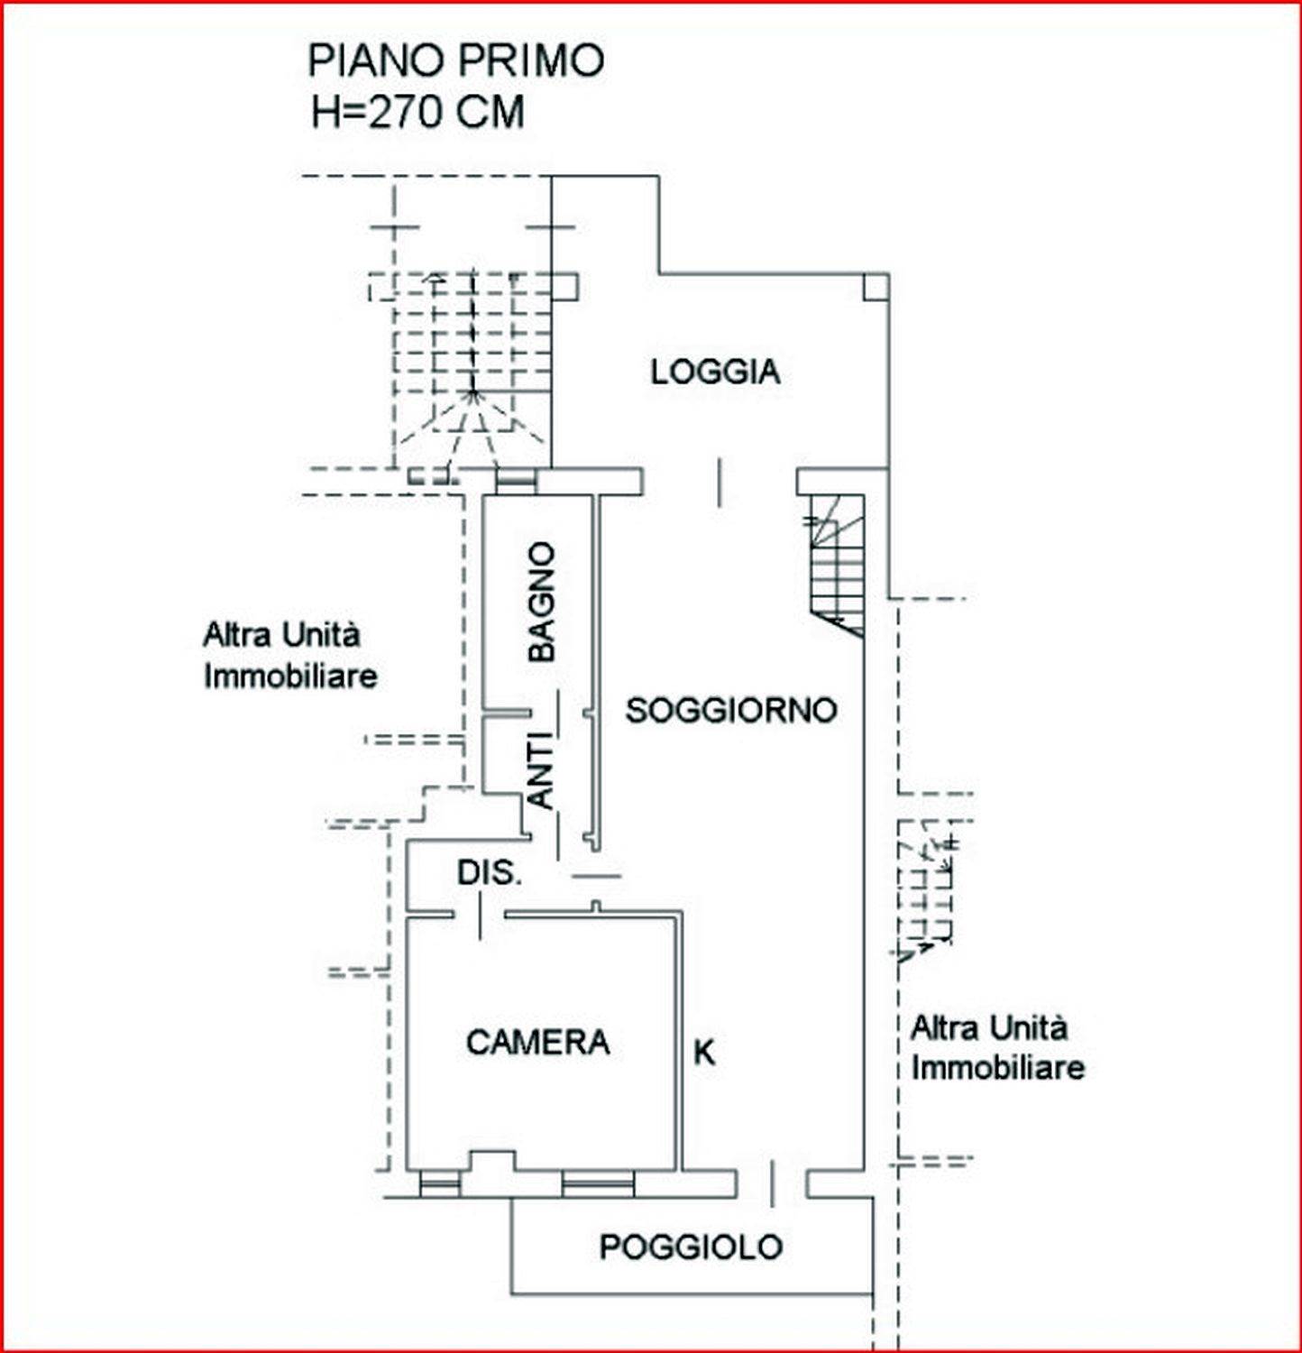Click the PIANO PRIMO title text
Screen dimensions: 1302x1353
pyautogui.click(x=455, y=60)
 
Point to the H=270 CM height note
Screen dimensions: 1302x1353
pyautogui.click(x=417, y=113)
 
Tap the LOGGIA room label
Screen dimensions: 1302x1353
pyautogui.click(x=715, y=372)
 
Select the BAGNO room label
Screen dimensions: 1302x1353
pyautogui.click(x=542, y=602)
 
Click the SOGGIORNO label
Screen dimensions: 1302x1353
pyautogui.click(x=731, y=711)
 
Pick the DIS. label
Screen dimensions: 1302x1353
pyautogui.click(x=490, y=872)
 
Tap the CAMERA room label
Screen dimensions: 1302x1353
pyautogui.click(x=538, y=1042)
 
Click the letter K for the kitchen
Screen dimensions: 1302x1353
pyautogui.click(x=704, y=1052)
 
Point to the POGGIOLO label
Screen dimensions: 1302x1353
pyautogui.click(x=691, y=1247)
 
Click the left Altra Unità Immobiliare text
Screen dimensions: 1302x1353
pyautogui.click(x=289, y=655)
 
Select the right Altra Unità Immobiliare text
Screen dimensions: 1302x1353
pyautogui.click(x=997, y=1047)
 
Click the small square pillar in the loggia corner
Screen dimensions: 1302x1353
pyautogui.click(x=876, y=287)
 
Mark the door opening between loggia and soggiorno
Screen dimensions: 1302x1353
pyautogui.click(x=720, y=482)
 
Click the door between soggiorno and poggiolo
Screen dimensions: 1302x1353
pyautogui.click(x=772, y=1183)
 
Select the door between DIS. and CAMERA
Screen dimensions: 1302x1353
pyautogui.click(x=479, y=916)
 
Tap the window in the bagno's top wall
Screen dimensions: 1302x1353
pyautogui.click(x=516, y=481)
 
